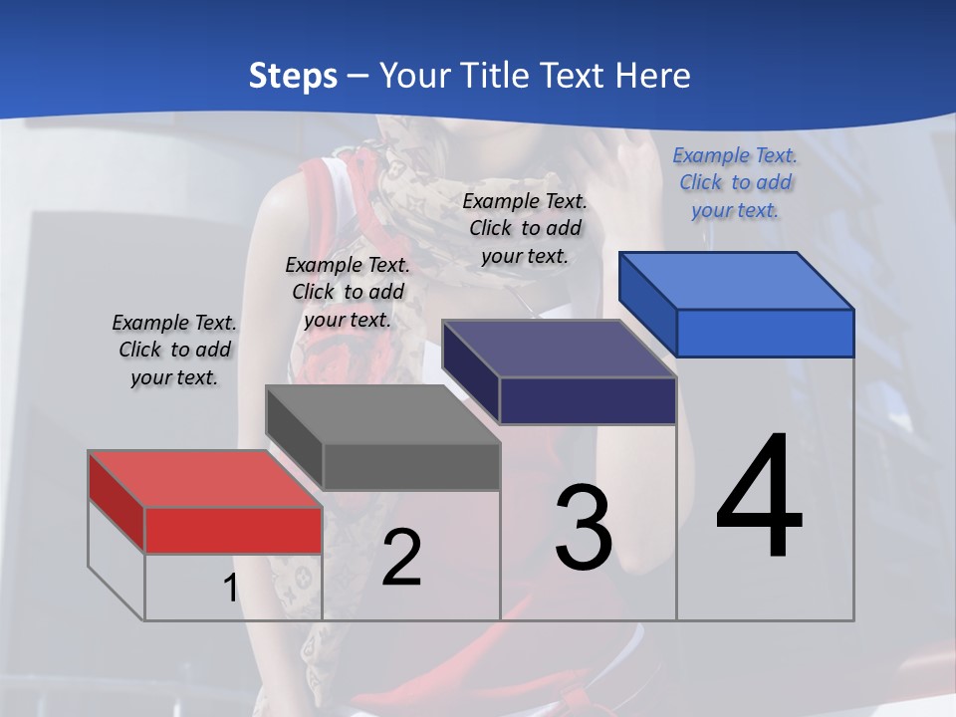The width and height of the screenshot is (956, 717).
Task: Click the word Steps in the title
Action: coord(293,76)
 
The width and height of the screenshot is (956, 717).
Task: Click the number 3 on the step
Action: coord(584,527)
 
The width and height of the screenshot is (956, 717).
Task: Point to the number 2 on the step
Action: coord(401,557)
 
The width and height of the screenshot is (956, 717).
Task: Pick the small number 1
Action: coord(230,588)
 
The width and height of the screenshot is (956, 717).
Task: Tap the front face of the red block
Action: coord(233,530)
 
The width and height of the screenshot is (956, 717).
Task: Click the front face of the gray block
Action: coord(411,466)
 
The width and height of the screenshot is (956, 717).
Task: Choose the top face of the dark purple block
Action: coord(559,349)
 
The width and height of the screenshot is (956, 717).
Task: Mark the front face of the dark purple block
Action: coord(588,400)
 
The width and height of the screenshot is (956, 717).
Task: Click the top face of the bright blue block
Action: coord(736,280)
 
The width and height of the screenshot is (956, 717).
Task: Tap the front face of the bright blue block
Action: coord(765,333)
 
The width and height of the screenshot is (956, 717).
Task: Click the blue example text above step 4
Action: coord(735,182)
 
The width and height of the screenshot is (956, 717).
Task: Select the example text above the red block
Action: coord(174,350)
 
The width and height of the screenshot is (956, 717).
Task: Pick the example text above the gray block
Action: coord(348,292)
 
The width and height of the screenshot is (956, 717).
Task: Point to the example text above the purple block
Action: coord(525,228)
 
